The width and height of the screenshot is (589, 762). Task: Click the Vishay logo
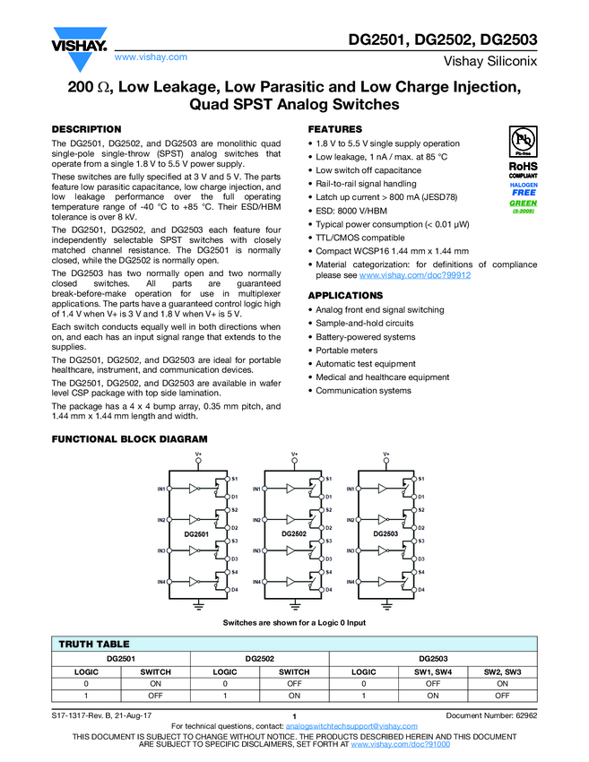coord(80,44)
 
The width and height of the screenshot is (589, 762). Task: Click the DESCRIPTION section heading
coord(86,129)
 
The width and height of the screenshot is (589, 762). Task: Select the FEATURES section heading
coord(335,129)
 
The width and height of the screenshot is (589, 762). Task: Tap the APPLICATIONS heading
coord(345,295)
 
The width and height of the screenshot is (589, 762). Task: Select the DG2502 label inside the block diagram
coord(294,534)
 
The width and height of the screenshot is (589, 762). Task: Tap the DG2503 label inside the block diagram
coord(385,534)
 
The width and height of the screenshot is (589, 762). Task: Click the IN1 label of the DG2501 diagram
coord(160,489)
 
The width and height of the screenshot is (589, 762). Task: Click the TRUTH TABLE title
coord(94,644)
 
